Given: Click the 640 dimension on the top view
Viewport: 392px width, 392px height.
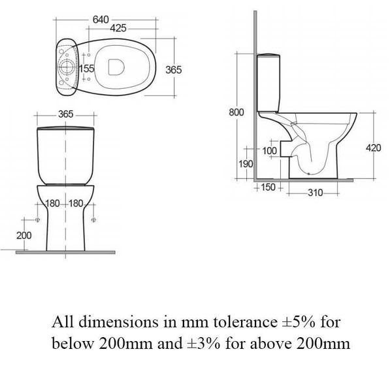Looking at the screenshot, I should click(x=100, y=19).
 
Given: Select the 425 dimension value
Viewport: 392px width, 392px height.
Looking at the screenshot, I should click(x=118, y=28).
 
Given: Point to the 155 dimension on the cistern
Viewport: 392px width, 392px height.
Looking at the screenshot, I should click(x=86, y=69).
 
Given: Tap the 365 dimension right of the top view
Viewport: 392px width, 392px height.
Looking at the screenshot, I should click(x=173, y=69).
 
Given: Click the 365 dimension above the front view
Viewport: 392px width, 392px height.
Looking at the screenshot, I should click(x=65, y=114).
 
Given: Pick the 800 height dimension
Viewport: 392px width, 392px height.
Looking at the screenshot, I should click(x=236, y=112).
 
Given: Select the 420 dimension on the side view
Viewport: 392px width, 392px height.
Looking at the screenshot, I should click(x=373, y=148).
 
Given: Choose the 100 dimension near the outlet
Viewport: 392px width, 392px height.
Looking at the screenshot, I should click(x=269, y=151).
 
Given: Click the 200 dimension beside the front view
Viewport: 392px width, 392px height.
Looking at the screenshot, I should click(x=24, y=235).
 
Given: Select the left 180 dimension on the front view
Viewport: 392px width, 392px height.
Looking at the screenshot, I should click(x=54, y=203).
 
